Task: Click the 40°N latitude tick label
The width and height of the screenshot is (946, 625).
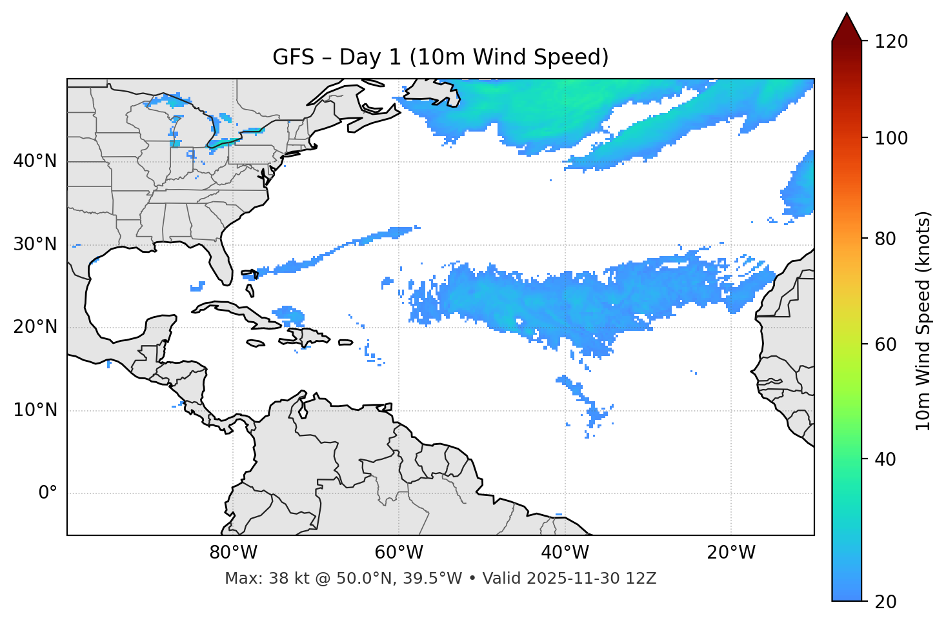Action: tap(35, 161)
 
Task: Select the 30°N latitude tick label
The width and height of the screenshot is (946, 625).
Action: tap(35, 244)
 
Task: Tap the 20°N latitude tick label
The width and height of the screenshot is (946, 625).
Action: tap(35, 327)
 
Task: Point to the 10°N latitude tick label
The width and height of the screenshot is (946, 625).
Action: tap(35, 410)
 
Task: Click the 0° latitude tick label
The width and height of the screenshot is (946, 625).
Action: tap(48, 493)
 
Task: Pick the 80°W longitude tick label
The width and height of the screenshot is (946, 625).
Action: tap(233, 553)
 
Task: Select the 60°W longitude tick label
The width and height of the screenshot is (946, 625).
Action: tap(399, 553)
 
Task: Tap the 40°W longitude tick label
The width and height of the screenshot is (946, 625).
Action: tap(565, 553)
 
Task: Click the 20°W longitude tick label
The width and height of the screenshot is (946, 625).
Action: tap(730, 553)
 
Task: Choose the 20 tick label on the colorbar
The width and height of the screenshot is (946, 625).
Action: tap(885, 602)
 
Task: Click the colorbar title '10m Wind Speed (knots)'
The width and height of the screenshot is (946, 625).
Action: tap(923, 321)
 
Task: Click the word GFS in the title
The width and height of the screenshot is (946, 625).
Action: tap(294, 57)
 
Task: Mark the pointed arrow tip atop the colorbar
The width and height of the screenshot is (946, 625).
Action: tap(847, 14)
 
